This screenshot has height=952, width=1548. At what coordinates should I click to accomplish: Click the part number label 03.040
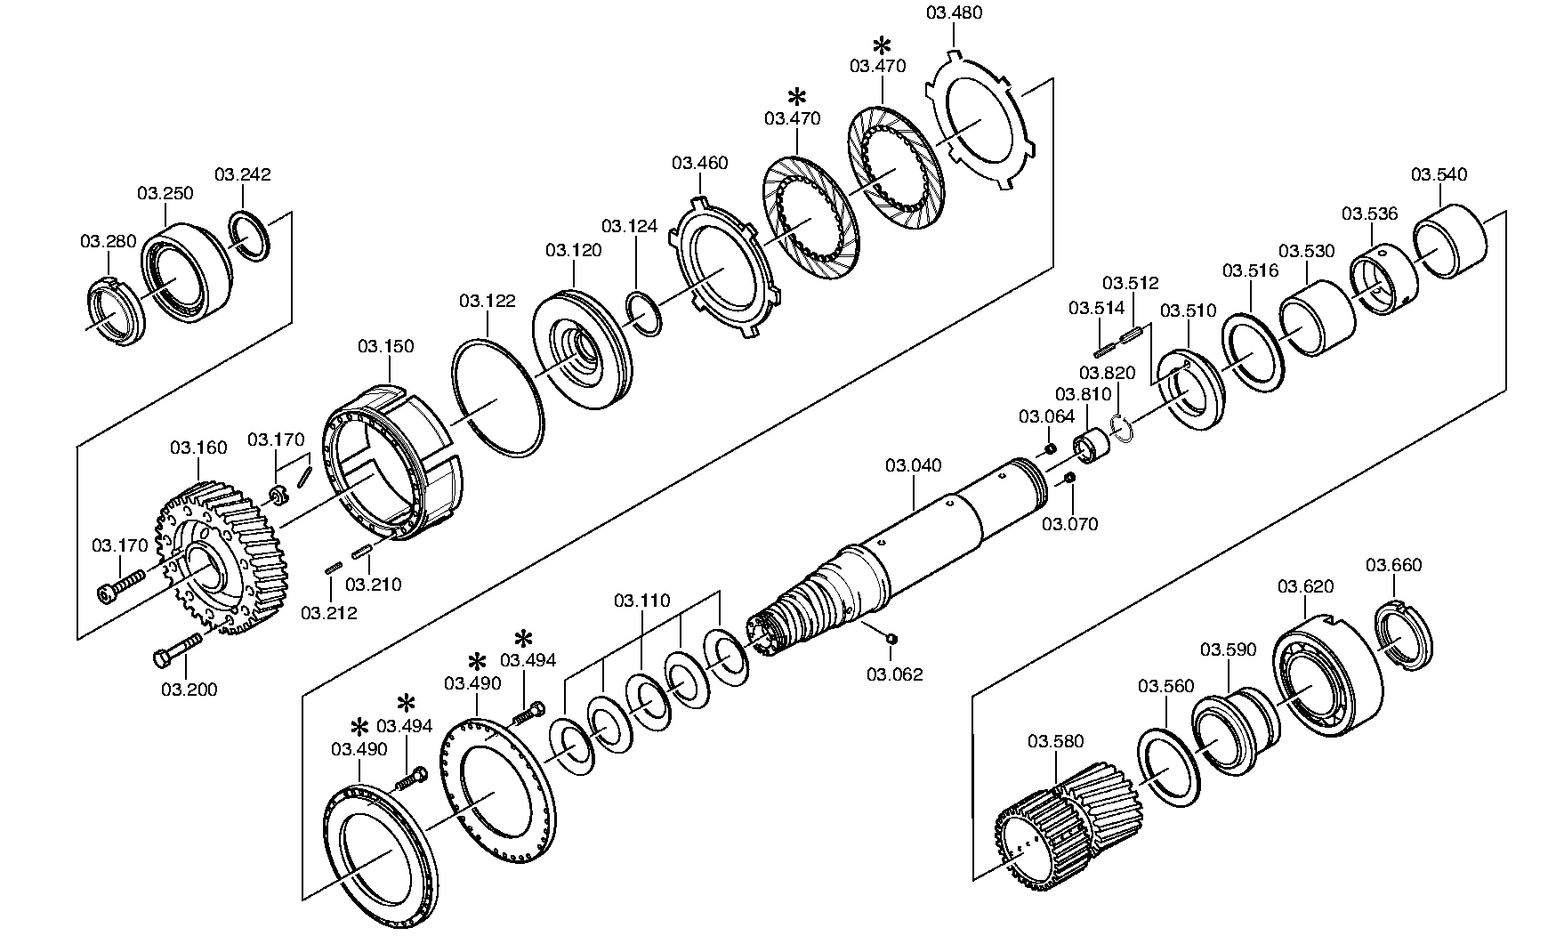913,465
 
